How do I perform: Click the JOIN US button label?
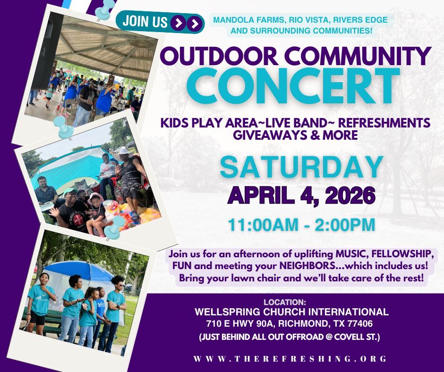[x=145, y=22]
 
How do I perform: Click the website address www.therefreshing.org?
[x=290, y=359]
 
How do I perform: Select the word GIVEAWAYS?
[x=268, y=135]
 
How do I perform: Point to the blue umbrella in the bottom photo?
[x=80, y=270]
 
